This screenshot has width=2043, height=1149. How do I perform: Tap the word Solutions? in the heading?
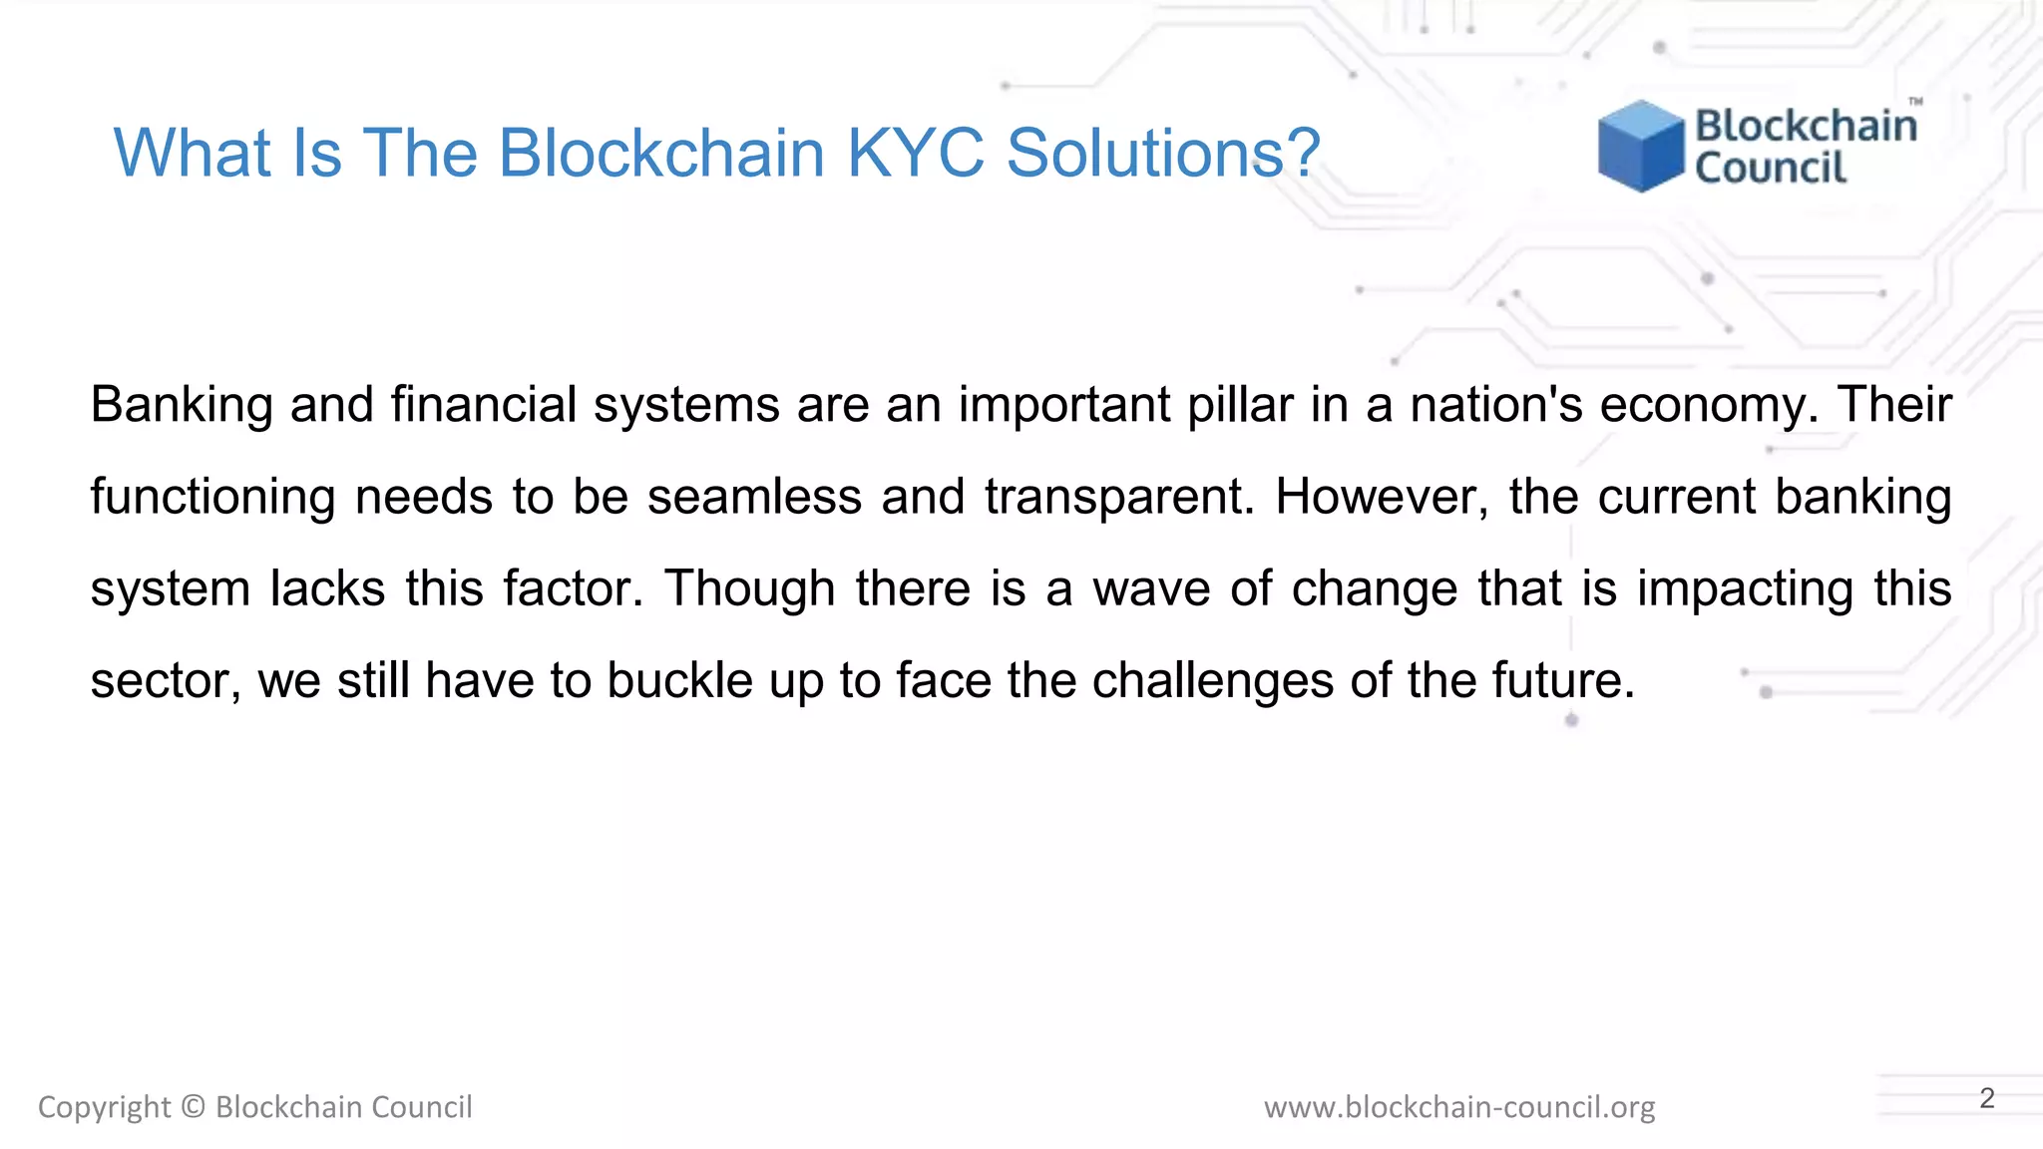pyautogui.click(x=1163, y=154)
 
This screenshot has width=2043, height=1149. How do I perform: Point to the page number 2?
pyautogui.click(x=1987, y=1098)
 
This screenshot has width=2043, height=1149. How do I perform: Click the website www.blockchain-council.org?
pyautogui.click(x=1459, y=1107)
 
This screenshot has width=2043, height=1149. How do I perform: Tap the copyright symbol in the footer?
pyautogui.click(x=194, y=1107)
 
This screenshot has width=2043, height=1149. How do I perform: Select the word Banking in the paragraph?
pyautogui.click(x=182, y=405)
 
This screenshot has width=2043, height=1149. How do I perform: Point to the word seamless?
pyautogui.click(x=754, y=497)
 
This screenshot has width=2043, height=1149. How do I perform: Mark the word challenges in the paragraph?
pyautogui.click(x=1213, y=680)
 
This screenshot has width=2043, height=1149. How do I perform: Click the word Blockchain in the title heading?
pyautogui.click(x=661, y=154)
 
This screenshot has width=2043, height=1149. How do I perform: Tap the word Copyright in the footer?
pyautogui.click(x=105, y=1107)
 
